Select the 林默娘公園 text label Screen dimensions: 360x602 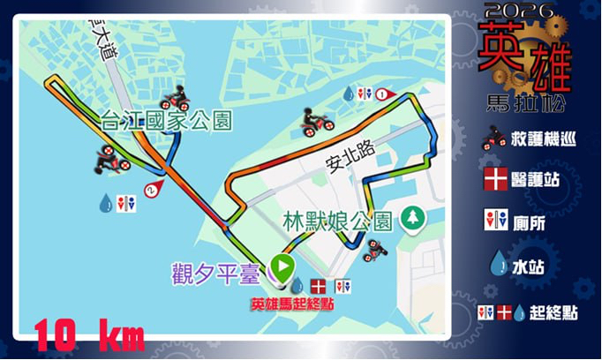[338, 220]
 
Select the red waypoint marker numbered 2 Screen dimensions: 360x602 [156, 189]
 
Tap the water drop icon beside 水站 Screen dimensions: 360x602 [496, 262]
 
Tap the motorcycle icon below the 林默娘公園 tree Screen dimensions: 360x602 [375, 248]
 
